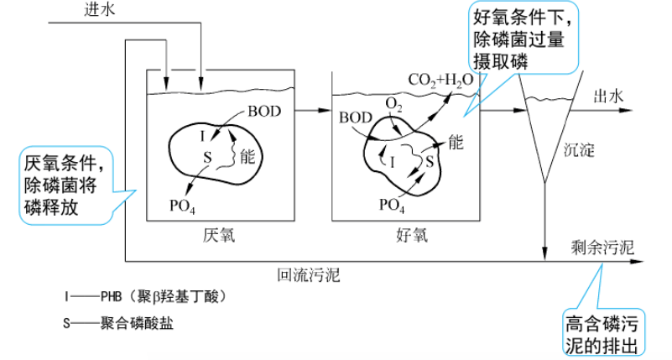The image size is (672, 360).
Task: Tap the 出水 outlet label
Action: pos(610,97)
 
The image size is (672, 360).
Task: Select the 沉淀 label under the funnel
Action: pos(578,151)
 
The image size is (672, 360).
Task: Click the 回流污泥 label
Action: pos(309,274)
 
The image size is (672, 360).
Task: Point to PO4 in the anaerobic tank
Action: pos(182,204)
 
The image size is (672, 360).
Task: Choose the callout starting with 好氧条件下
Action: pos(525,39)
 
